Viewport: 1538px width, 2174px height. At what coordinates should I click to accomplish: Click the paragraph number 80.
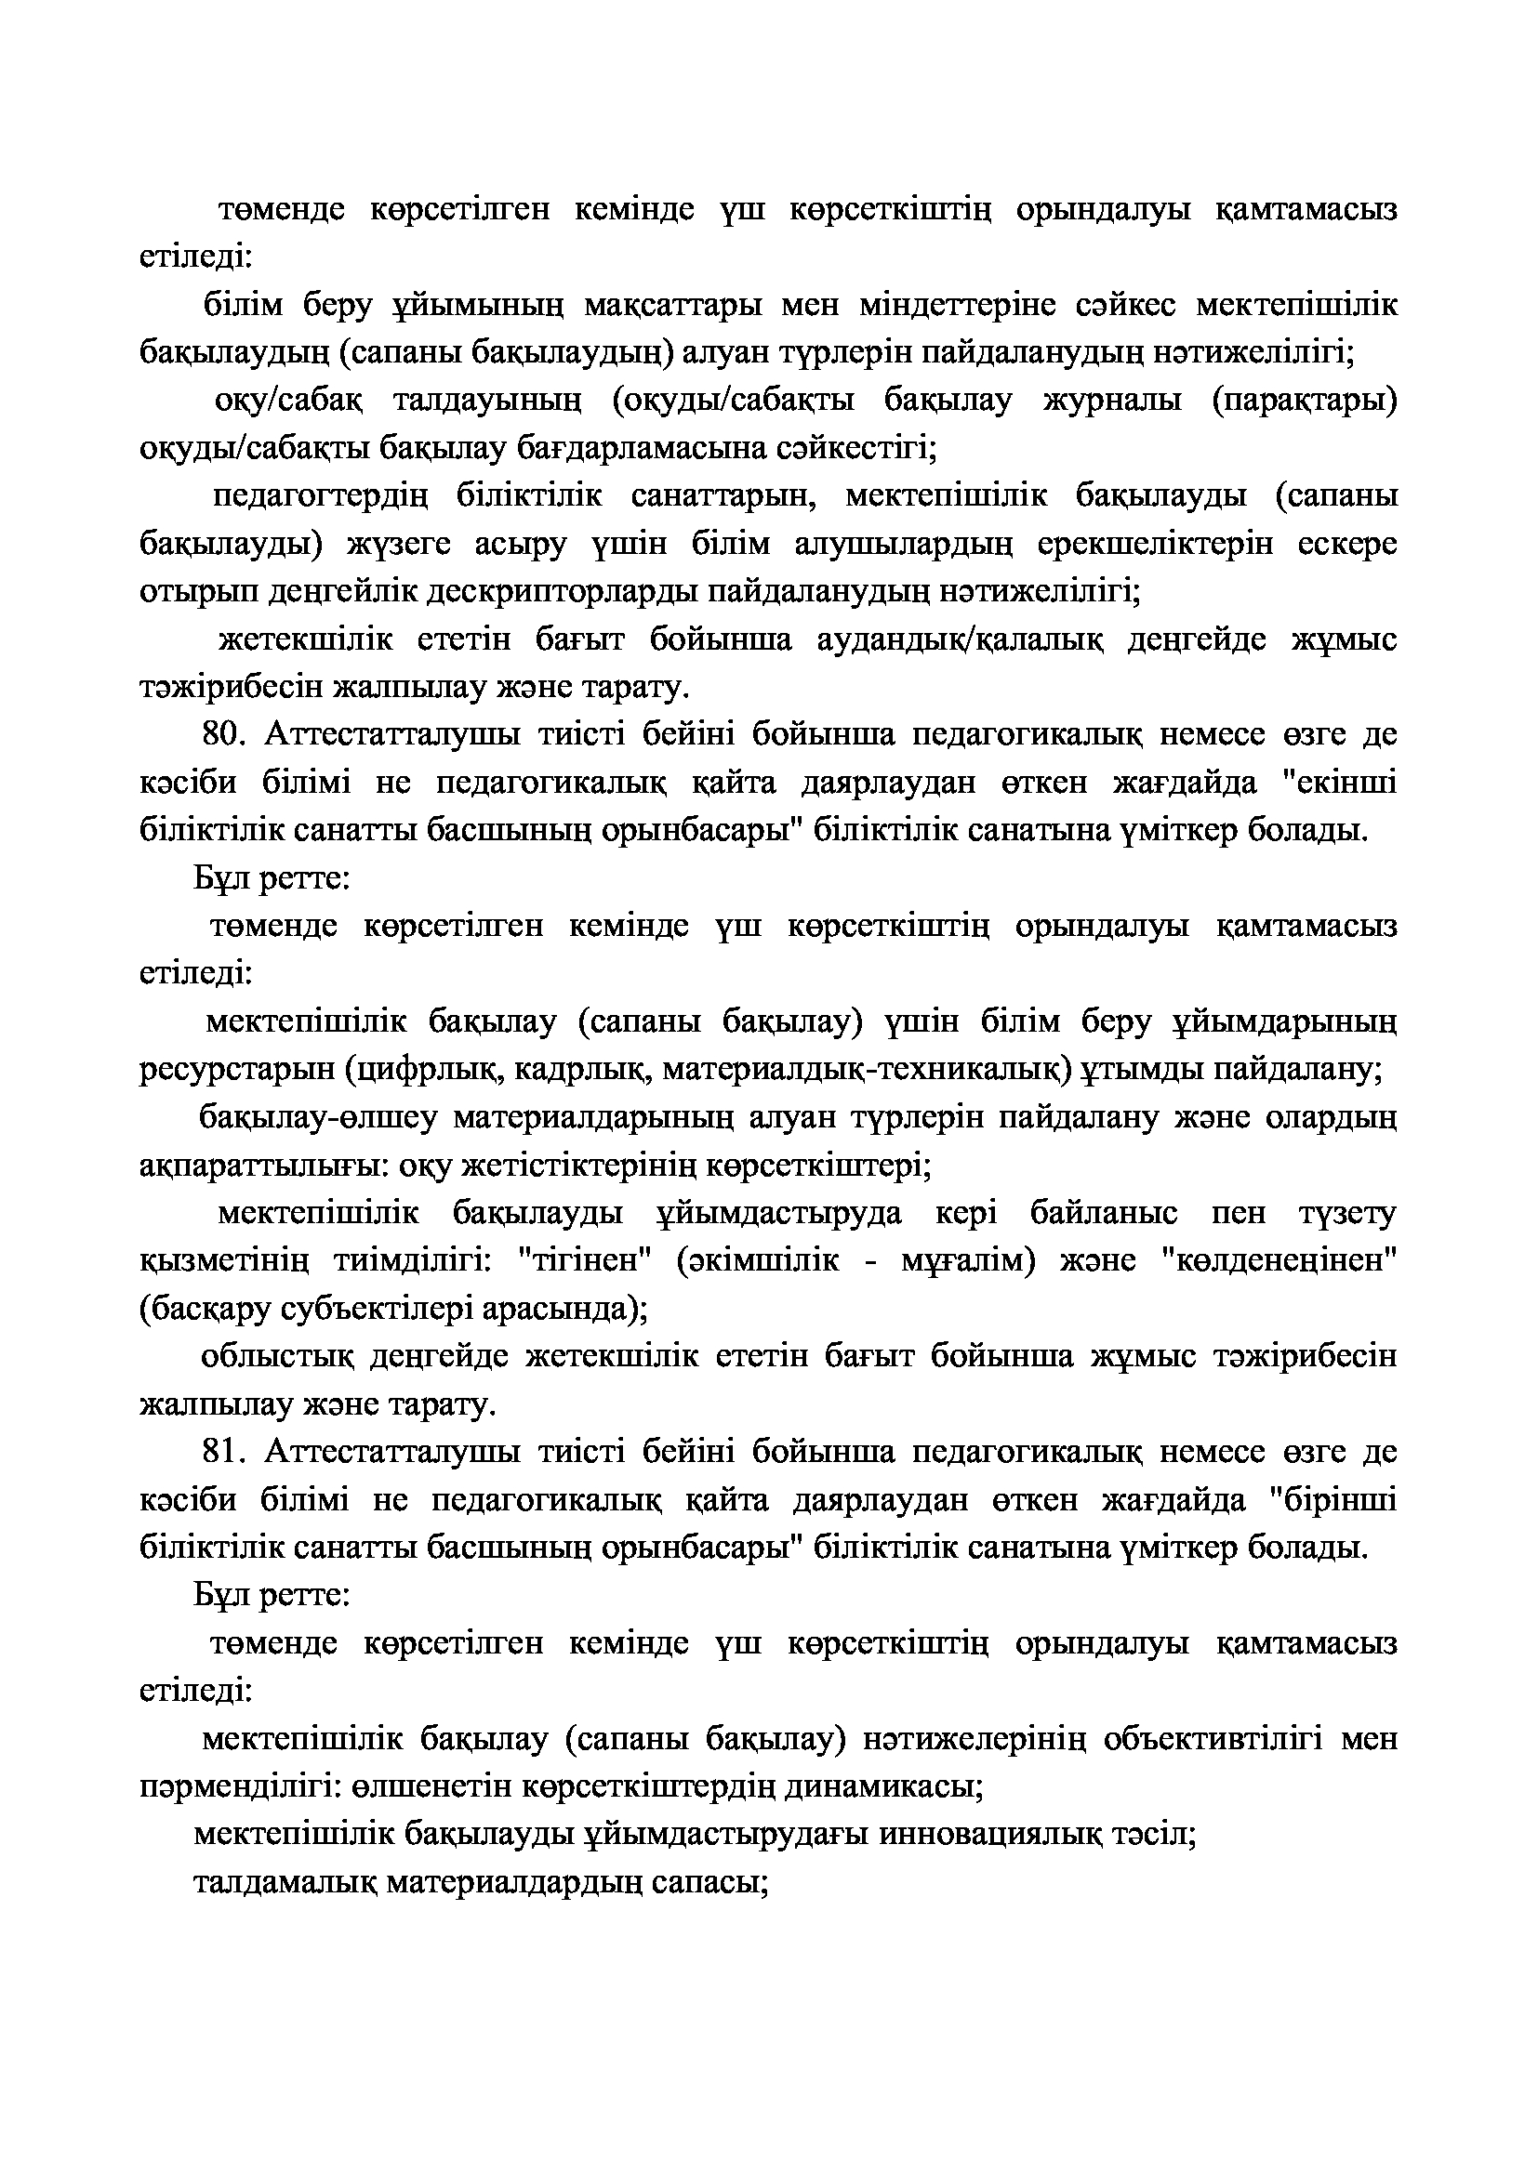(223, 734)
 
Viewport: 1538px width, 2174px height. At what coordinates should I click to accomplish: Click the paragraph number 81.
(223, 1451)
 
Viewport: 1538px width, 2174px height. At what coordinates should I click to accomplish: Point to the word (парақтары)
(1304, 401)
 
